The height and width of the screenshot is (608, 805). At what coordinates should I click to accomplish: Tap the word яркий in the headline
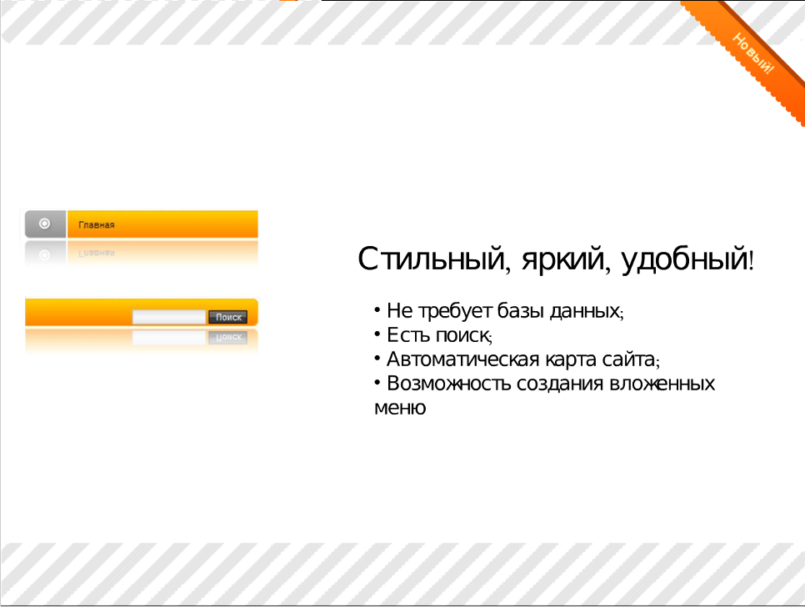[x=563, y=260]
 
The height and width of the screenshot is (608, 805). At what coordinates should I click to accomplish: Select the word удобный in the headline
[x=684, y=259]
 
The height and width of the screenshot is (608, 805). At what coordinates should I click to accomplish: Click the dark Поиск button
[x=228, y=317]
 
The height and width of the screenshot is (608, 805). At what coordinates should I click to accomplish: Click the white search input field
[x=169, y=317]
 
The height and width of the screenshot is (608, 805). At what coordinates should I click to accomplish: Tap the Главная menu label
[x=97, y=225]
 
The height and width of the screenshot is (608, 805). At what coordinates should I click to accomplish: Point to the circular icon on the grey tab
[x=45, y=224]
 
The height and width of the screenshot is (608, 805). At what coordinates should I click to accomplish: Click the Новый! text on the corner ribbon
[x=752, y=53]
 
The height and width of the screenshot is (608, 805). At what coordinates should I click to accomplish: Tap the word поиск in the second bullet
[x=462, y=335]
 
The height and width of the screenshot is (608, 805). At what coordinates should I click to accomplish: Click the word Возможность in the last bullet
[x=448, y=384]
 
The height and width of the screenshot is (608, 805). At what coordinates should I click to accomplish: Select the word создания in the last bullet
[x=560, y=384]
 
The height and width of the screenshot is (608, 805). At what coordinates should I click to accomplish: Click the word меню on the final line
[x=400, y=408]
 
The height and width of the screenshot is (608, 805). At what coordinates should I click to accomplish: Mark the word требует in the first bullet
[x=455, y=311]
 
